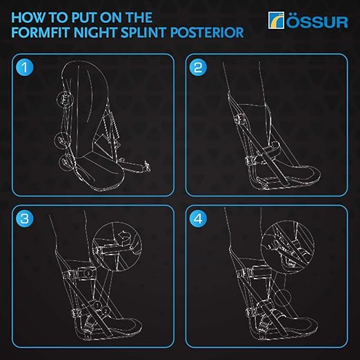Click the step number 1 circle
point(26,69)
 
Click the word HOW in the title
point(30,15)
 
